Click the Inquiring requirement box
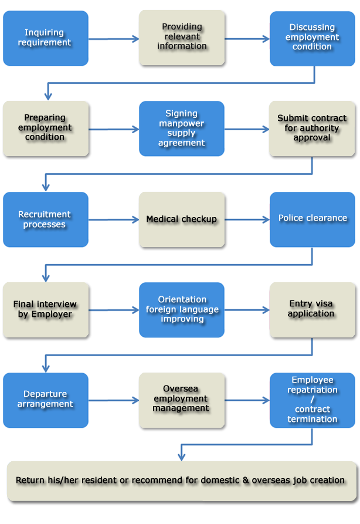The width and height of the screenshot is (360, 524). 45,38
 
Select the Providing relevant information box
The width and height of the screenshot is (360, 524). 182,37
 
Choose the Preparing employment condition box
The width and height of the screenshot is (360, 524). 45,128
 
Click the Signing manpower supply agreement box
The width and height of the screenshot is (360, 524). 182,129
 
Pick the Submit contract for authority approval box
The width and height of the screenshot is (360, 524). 312,129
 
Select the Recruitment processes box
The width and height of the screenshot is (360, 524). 45,219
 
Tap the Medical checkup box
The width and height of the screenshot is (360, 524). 182,219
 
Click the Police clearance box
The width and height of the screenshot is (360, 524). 312,219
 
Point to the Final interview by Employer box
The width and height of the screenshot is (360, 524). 45,309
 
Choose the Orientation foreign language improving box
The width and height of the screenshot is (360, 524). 182,309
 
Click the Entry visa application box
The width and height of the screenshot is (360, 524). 312,309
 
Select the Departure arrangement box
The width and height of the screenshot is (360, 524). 45,400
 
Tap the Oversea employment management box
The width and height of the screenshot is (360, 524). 182,400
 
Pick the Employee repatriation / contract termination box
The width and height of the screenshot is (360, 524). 312,400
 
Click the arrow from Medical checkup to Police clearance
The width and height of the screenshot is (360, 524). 246,219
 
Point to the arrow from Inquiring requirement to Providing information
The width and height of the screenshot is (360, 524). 114,39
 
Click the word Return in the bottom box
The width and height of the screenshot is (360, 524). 29,481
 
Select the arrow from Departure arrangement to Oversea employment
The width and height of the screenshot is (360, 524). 114,401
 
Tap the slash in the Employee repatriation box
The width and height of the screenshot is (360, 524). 312,400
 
